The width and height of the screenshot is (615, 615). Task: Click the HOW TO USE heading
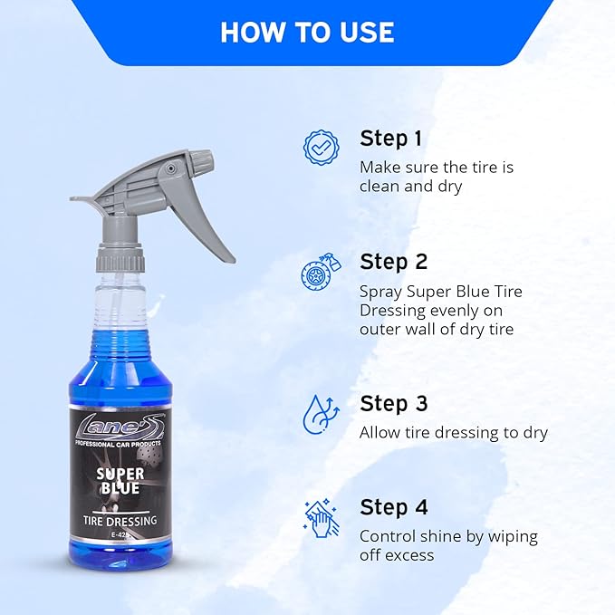coord(307,33)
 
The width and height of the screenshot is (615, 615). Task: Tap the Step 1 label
coord(390,139)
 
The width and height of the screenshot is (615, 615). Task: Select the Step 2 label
coord(393,262)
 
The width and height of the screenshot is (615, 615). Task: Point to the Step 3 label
coord(393,403)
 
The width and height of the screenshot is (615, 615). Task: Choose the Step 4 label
coord(393,506)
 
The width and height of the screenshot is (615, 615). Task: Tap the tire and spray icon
coord(320,271)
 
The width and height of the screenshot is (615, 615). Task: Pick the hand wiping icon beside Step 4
coord(320,517)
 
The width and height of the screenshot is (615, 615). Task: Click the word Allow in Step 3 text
coord(381,433)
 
